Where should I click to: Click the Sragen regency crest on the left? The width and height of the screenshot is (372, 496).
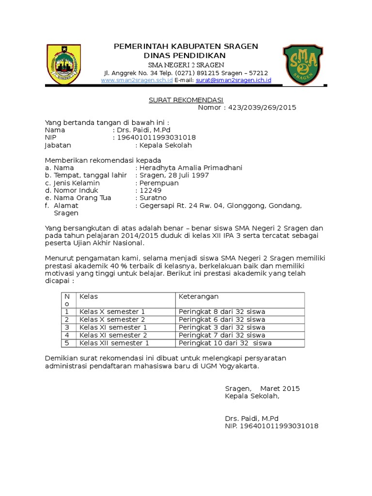point(63,64)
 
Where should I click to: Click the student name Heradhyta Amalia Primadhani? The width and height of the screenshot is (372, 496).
point(191,168)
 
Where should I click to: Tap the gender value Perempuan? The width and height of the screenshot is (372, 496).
point(159,183)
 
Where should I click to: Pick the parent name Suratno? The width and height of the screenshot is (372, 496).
point(153,198)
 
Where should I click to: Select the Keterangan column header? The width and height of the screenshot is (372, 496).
point(199,296)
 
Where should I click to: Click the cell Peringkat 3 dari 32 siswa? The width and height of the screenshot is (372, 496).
point(222,327)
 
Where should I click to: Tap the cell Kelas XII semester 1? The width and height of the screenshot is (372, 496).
point(114,343)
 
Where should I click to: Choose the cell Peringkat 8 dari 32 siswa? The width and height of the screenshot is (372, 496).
point(222,311)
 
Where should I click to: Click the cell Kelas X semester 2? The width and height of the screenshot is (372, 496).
point(112,320)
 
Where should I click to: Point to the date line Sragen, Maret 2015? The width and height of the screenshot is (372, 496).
point(262,388)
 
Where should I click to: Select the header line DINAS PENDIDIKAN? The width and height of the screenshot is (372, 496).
point(186,56)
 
